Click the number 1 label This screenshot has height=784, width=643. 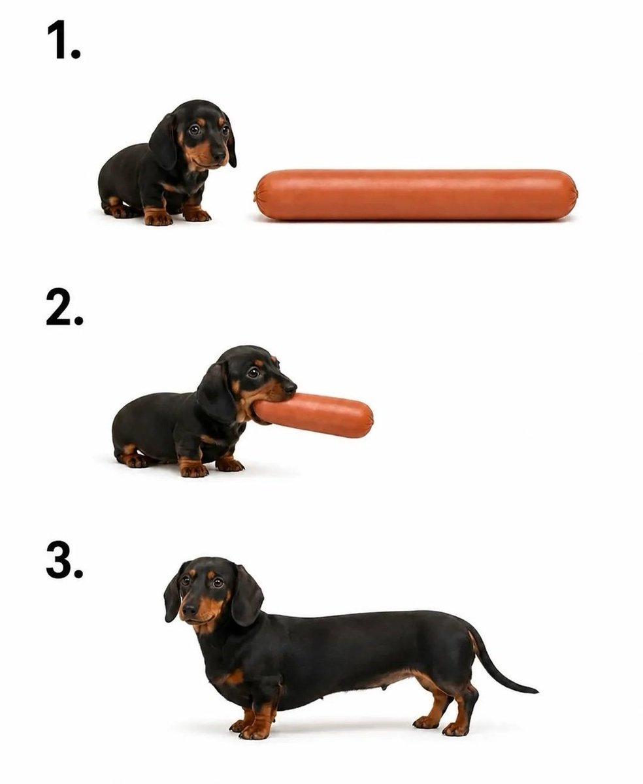[x=63, y=40]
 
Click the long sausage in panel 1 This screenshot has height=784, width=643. [x=416, y=195]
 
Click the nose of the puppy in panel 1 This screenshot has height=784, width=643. [x=220, y=155]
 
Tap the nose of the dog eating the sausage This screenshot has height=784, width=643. [x=290, y=387]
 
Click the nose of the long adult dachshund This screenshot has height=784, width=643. [x=190, y=610]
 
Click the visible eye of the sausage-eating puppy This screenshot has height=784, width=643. [x=254, y=372]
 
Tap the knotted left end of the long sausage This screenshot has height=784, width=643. [x=256, y=195]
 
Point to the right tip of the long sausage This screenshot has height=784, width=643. [x=577, y=194]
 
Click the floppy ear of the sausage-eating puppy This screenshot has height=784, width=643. [x=217, y=393]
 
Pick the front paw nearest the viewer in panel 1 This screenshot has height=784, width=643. [x=157, y=218]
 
